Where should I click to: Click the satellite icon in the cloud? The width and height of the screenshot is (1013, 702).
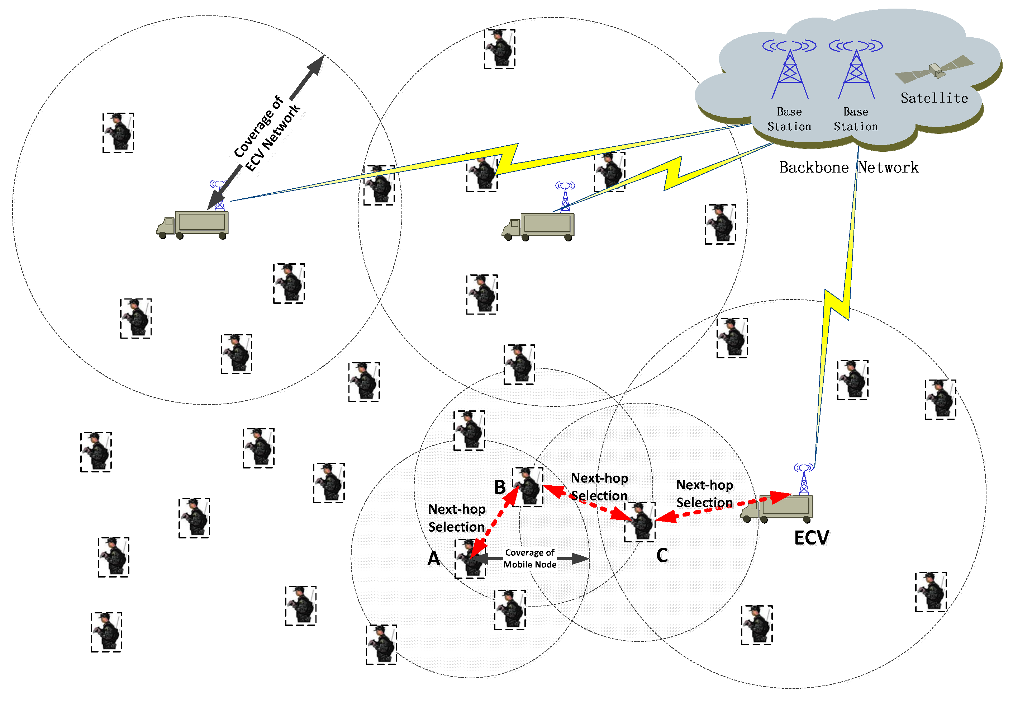click(935, 70)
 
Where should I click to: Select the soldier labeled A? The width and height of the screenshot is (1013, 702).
click(470, 559)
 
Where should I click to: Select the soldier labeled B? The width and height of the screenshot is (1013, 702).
click(528, 487)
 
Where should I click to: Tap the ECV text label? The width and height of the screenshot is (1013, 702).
click(811, 537)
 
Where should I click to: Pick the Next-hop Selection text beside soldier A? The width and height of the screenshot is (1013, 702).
click(457, 518)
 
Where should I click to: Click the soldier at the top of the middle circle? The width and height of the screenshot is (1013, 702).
click(499, 49)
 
